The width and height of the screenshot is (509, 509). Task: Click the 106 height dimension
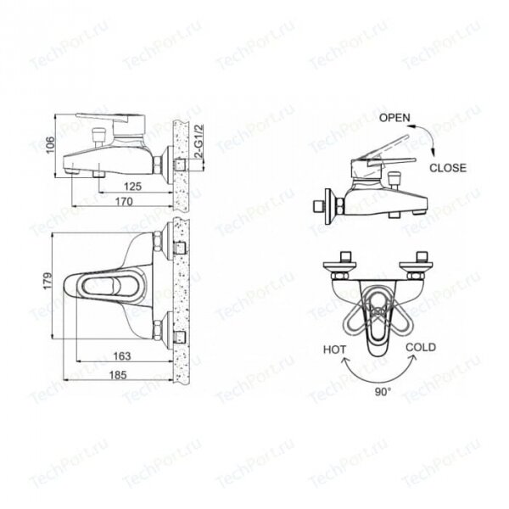coord(50,145)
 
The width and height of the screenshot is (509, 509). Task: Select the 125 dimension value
coord(133,187)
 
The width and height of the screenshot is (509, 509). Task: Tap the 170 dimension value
coord(124,202)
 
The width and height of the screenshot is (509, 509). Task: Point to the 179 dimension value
coord(48,281)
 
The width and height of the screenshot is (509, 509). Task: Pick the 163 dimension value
coord(121,356)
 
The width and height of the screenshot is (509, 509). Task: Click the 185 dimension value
coord(118,375)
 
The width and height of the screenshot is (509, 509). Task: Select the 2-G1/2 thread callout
coord(199,141)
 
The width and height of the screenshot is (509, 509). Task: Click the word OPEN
coord(394,118)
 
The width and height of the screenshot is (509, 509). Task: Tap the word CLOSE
coord(448,168)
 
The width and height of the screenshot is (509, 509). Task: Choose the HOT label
coord(335,350)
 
